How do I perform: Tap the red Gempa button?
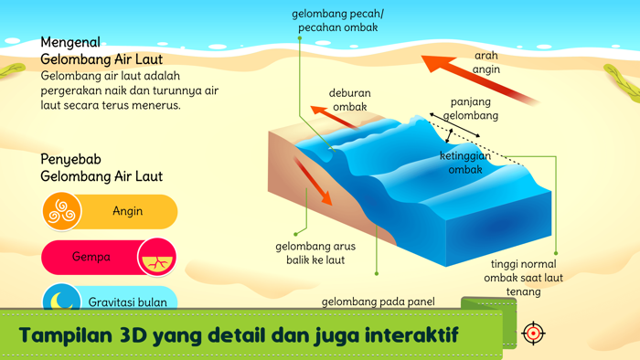[x=91, y=257]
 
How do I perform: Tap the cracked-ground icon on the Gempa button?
[x=156, y=258]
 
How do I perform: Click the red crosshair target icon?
[x=533, y=333]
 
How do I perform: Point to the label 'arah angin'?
[x=486, y=61]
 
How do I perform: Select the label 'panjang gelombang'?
[x=471, y=109]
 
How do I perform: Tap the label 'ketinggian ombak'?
[x=465, y=163]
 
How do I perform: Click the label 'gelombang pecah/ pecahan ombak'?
[x=337, y=21]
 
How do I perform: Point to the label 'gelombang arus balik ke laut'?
[x=315, y=253]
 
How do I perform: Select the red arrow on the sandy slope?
[x=313, y=180]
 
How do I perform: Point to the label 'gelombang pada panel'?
[x=379, y=302]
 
